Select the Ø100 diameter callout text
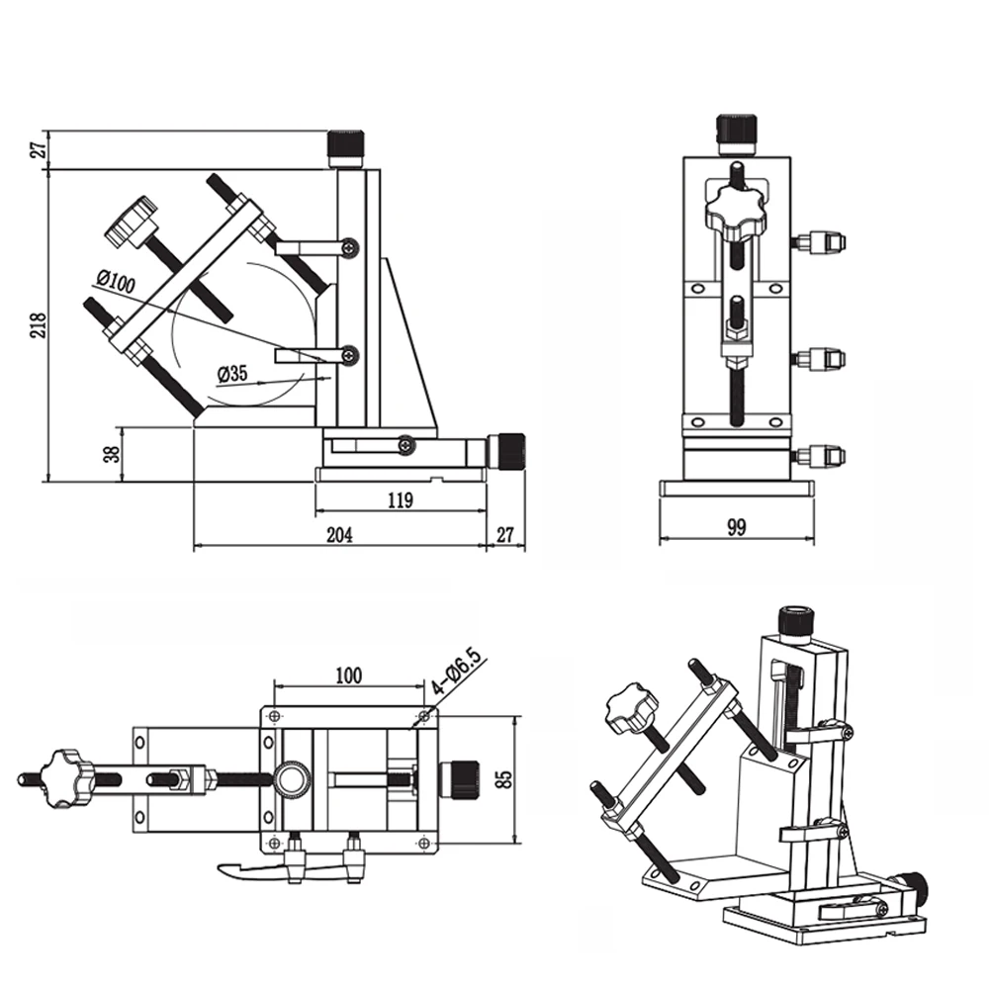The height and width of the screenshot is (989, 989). click(x=116, y=282)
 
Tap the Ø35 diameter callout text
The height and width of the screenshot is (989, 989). click(x=232, y=374)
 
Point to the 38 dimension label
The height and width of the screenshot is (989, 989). click(x=113, y=454)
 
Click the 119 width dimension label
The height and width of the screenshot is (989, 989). click(x=400, y=500)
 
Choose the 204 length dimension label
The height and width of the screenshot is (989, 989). click(x=339, y=535)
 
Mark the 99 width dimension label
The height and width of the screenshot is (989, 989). click(x=736, y=527)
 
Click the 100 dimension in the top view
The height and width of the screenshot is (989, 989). click(x=349, y=675)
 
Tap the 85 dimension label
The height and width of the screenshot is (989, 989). click(x=504, y=779)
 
